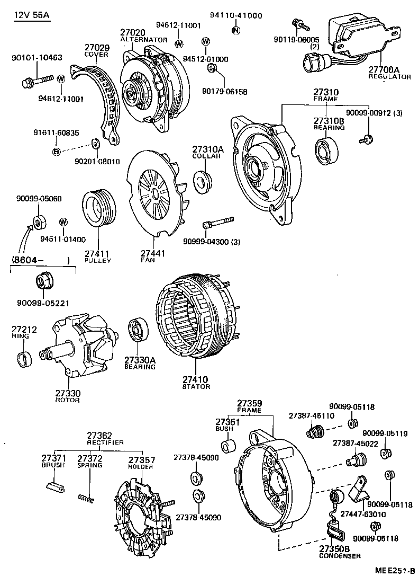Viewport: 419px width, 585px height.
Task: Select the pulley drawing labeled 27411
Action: click(x=99, y=210)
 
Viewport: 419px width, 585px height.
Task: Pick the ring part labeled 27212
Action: click(x=24, y=360)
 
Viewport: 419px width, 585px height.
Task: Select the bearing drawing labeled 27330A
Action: click(x=139, y=332)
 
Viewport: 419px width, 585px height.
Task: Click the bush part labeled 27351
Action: click(x=227, y=446)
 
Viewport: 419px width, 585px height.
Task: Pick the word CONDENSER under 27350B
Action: click(x=340, y=556)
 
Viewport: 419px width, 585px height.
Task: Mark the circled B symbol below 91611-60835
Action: click(x=56, y=152)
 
